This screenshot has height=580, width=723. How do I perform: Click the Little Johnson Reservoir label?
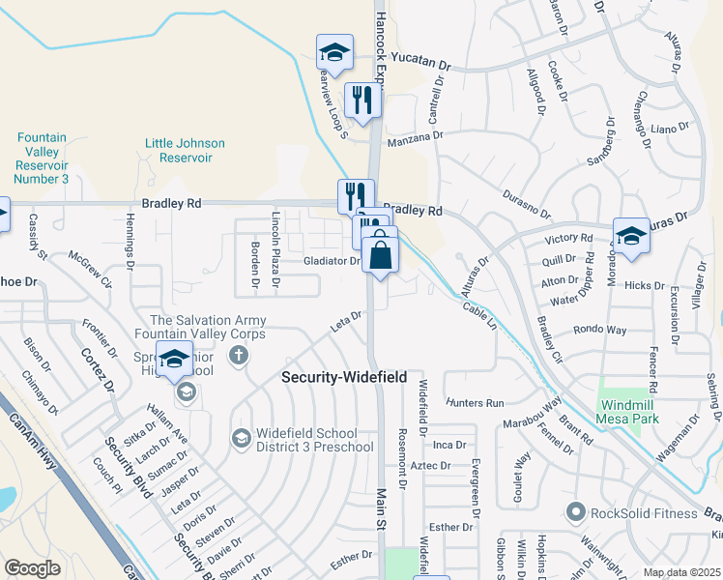tap(185, 150)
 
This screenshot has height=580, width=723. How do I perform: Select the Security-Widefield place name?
tap(344, 377)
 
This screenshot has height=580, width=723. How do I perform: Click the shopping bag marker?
tap(382, 255)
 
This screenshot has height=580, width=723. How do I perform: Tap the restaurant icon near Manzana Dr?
tap(363, 101)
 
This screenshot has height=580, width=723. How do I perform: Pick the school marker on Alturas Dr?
tap(630, 236)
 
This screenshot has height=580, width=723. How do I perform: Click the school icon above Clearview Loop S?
tap(334, 52)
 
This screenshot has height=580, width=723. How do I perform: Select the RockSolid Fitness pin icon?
tap(577, 511)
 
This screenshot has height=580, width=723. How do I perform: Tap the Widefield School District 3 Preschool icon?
tap(241, 439)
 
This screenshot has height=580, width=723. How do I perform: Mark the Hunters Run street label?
tap(476, 402)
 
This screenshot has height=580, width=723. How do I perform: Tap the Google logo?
tap(33, 568)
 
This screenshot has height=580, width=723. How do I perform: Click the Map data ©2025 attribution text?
tap(681, 572)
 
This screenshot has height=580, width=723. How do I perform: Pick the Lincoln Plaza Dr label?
tap(275, 250)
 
